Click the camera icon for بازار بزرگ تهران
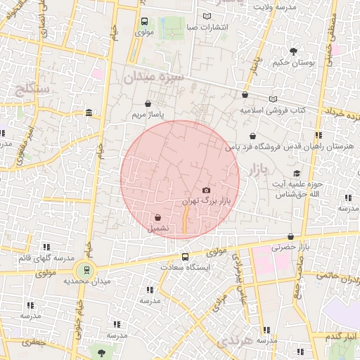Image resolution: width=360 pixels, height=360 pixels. tap(206, 191)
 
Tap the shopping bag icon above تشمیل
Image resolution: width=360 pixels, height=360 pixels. tap(157, 217)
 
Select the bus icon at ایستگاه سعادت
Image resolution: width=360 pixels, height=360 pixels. tap(185, 257)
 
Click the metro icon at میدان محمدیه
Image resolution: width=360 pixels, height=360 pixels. tap(84, 269)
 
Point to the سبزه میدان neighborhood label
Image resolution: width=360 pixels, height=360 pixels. tap(153, 77)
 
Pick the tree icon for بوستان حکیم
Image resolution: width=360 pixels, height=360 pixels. tap(293, 51)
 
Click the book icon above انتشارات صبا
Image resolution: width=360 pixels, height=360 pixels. tap(207, 16)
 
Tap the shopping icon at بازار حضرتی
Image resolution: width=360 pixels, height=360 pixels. tap(291, 236)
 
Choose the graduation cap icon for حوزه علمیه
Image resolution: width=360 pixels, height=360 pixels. tap(297, 174)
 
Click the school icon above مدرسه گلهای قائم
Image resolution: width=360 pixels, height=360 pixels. tap(46, 247)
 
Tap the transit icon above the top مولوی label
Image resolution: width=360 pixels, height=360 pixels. tap(144, 21)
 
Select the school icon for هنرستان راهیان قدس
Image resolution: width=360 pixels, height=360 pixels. tap(319, 135)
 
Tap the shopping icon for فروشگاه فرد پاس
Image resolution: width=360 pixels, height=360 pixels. tap(252, 136)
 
